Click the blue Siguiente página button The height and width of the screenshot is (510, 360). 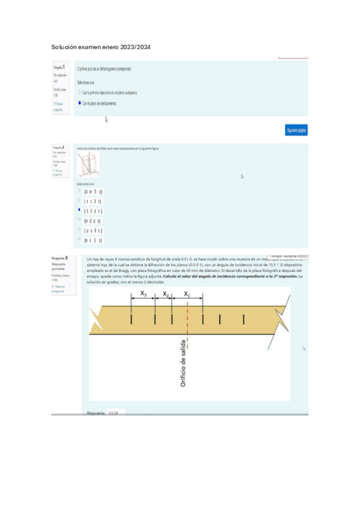296,130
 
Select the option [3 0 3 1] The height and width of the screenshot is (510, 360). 93,191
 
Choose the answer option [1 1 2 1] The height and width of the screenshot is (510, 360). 93,201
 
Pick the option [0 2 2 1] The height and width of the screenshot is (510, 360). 93,221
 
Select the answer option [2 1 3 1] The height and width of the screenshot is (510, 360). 93,230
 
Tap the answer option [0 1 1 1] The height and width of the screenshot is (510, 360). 93,241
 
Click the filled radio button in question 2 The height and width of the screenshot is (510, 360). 79,210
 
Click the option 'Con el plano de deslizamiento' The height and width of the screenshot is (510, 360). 100,103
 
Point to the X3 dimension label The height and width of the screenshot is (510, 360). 143,293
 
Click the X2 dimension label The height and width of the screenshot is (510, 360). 166,294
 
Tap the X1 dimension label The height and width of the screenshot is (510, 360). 187,294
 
